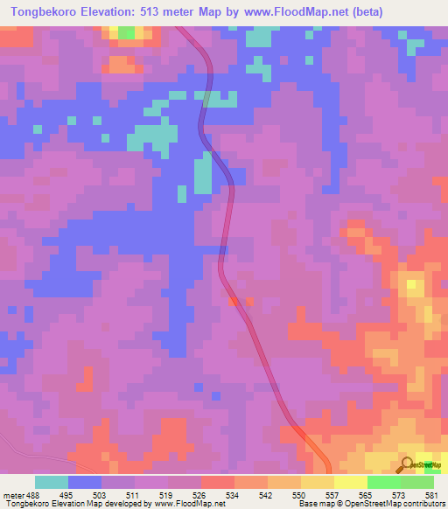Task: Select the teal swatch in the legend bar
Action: tap(52, 483)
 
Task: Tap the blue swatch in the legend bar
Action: tap(86, 483)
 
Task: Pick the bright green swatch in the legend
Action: tap(383, 483)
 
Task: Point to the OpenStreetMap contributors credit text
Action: tap(384, 504)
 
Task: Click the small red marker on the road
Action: tap(234, 302)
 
